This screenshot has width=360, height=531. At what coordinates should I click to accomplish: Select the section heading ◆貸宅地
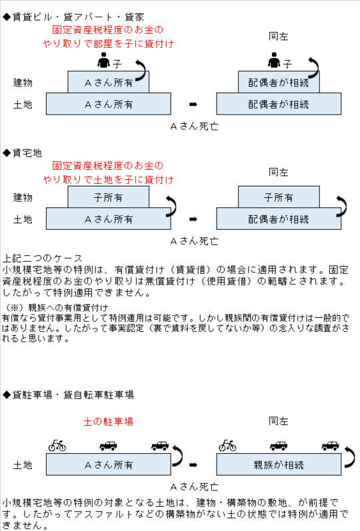22,153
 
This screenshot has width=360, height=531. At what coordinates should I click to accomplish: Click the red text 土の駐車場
108,422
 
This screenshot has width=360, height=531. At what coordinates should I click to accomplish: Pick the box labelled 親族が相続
279,464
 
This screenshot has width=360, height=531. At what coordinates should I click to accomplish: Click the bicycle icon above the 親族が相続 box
227,445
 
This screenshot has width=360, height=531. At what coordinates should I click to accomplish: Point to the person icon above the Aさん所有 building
104,60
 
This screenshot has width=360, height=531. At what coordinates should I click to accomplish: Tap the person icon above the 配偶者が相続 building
274,60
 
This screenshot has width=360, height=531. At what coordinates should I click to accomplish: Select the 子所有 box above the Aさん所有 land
108,197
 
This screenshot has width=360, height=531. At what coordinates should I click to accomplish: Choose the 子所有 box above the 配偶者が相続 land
279,197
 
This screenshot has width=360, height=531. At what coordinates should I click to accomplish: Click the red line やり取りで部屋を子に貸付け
109,44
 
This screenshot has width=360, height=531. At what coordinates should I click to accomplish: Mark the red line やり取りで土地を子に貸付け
109,179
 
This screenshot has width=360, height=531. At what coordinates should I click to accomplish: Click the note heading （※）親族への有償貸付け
56,308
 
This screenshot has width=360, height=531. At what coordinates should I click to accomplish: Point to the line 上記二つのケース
43,259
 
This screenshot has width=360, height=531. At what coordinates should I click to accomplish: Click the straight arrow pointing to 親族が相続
193,465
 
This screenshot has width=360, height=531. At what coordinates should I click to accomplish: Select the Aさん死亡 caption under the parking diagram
194,487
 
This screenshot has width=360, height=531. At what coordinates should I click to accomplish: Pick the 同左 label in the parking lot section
278,421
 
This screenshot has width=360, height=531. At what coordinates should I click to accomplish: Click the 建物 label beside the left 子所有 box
23,197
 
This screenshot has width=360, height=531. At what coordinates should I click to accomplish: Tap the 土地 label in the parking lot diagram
23,465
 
